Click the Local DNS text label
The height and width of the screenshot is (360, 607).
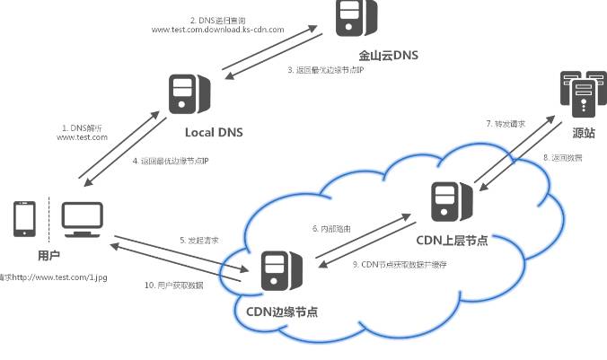pyautogui.click(x=214, y=133)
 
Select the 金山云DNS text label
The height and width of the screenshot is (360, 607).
pyautogui.click(x=389, y=56)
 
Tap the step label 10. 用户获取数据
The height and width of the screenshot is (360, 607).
pyautogui.click(x=173, y=285)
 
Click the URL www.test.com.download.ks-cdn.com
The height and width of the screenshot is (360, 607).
pyautogui.click(x=217, y=30)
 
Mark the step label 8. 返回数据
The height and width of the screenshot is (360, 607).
pyautogui.click(x=562, y=157)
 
